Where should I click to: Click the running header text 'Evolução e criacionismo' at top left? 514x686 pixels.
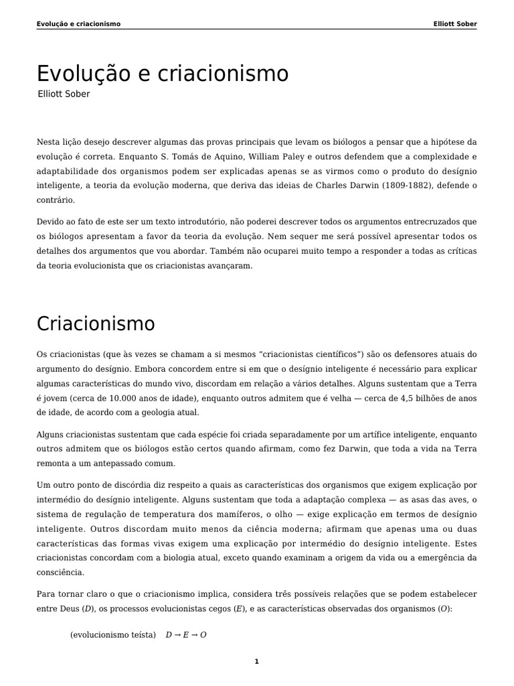[x=78, y=24]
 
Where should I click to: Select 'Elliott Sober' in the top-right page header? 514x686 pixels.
[x=455, y=24]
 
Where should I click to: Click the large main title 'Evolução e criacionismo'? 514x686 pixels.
[x=162, y=74]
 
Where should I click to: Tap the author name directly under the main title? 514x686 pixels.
[x=64, y=94]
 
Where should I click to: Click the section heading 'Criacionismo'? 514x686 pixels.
[x=96, y=324]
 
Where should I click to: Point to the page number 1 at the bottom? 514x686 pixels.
[x=256, y=662]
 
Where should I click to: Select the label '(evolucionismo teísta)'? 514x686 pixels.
[x=112, y=635]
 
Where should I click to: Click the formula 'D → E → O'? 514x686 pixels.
[x=186, y=635]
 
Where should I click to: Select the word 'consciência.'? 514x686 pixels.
[x=60, y=573]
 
